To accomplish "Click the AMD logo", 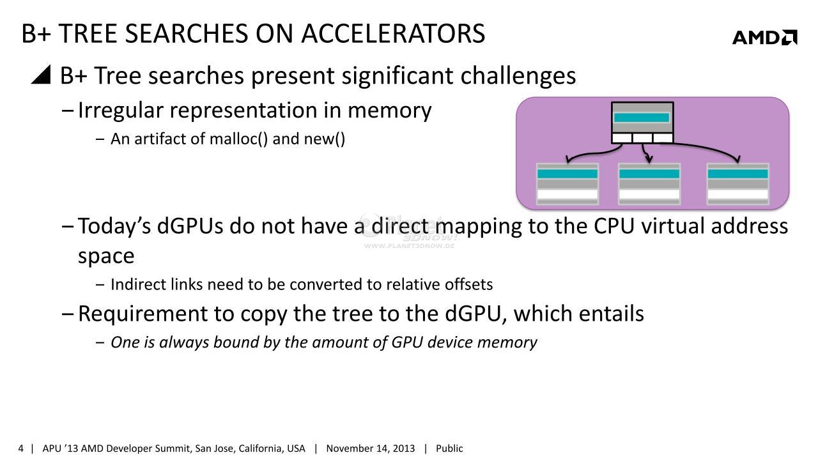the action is (x=765, y=37).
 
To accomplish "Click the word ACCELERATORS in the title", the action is (x=393, y=34).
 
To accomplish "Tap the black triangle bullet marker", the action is (x=41, y=75).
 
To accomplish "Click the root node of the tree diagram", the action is (x=642, y=123).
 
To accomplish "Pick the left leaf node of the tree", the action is (x=567, y=183).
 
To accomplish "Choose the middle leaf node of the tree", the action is (x=649, y=183).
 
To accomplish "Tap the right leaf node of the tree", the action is (x=738, y=183).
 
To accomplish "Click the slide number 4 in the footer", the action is (x=21, y=448).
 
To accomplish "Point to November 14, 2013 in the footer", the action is (x=370, y=448).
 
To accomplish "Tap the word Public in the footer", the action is (x=449, y=448).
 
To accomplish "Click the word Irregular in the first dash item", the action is (x=121, y=111).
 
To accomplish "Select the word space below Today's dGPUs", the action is (x=106, y=257).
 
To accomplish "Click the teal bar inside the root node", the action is (x=642, y=117).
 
